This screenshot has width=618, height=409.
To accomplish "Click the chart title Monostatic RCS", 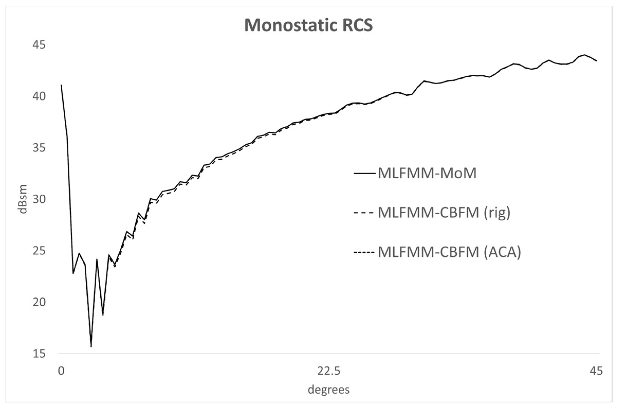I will [x=308, y=25].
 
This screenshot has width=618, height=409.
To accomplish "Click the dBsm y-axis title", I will [x=23, y=199].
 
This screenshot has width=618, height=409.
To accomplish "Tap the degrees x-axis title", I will [x=329, y=389].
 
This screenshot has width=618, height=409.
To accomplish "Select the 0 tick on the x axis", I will [x=61, y=371].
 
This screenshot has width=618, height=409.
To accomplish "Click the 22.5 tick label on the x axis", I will [x=329, y=371].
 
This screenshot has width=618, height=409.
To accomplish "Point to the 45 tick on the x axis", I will [x=596, y=371].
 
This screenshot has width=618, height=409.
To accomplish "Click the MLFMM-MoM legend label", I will [x=427, y=173].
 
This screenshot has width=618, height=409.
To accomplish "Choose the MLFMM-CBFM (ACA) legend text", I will [x=449, y=252].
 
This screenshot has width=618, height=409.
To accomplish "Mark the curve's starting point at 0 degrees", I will [x=61, y=85].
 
